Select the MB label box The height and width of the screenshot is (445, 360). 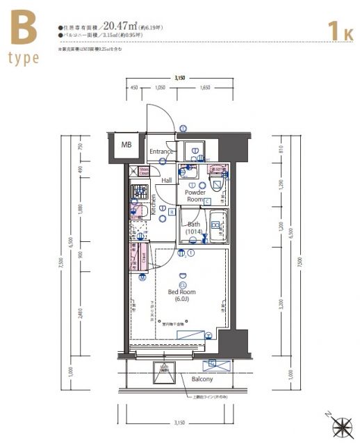[126, 145]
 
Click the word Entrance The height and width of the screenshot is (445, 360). [161, 152]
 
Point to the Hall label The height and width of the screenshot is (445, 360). [167, 180]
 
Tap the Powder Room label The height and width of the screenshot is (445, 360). [195, 195]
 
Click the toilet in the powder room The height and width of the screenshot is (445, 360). [216, 185]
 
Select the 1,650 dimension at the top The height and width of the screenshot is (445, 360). [205, 88]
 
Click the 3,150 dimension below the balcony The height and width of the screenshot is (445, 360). [179, 422]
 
